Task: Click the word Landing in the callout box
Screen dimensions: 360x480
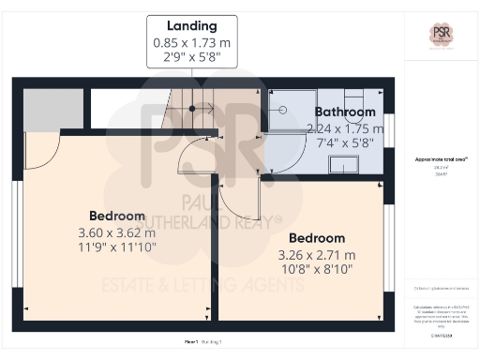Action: (191, 26)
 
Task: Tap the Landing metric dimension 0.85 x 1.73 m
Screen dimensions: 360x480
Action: (191, 42)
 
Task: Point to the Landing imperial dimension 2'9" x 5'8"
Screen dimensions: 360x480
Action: (191, 57)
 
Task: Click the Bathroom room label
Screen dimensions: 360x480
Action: (345, 112)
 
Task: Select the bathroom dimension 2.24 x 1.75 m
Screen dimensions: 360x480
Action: (345, 128)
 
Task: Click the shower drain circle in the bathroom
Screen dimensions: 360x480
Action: (280, 109)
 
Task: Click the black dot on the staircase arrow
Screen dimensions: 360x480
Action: (193, 109)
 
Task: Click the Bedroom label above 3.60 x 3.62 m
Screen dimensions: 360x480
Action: (117, 215)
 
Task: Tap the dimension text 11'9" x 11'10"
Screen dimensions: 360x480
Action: (117, 247)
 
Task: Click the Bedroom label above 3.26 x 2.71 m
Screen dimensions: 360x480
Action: (317, 238)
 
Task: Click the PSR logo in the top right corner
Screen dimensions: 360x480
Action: (441, 36)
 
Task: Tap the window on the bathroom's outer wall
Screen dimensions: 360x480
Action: (388, 130)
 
